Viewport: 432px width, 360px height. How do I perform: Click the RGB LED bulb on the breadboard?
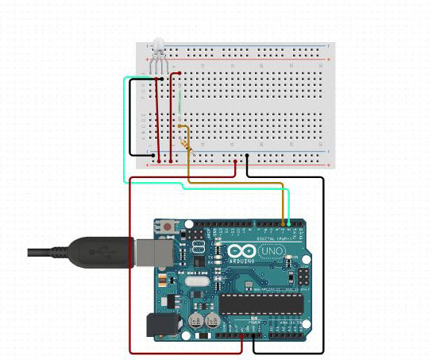tap(157, 44)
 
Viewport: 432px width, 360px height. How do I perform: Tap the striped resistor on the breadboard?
tap(187, 144)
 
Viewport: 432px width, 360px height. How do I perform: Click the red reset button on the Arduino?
tap(169, 229)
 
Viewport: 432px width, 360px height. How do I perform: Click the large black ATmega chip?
tap(261, 303)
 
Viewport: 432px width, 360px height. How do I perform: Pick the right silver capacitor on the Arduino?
tap(214, 320)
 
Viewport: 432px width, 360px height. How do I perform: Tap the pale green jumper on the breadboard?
tap(182, 99)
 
